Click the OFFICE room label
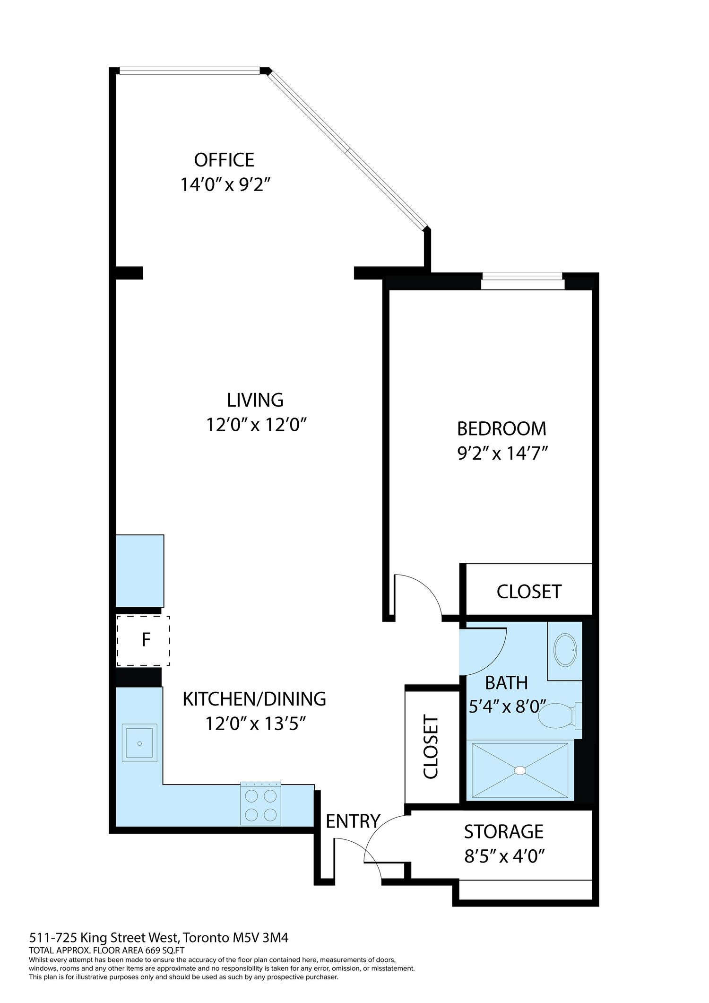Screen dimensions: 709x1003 pyautogui.click(x=224, y=160)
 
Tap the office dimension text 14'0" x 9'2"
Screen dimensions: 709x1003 pyautogui.click(x=225, y=184)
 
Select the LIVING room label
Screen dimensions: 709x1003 pyautogui.click(x=255, y=400)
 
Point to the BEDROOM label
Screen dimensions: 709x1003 pyautogui.click(x=501, y=428)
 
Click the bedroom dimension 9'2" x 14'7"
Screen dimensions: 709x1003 pyautogui.click(x=502, y=454)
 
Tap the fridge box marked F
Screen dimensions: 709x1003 pyautogui.click(x=143, y=640)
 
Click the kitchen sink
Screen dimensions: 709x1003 pyautogui.click(x=139, y=743)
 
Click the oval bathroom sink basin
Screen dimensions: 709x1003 pyautogui.click(x=565, y=650)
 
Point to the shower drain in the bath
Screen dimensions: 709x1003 pyautogui.click(x=520, y=770)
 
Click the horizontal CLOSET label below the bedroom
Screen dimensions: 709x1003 pyautogui.click(x=529, y=592)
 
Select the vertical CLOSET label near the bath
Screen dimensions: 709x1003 pyautogui.click(x=431, y=747)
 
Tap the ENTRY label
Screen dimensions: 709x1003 pyautogui.click(x=353, y=821)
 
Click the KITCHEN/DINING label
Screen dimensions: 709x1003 pyautogui.click(x=254, y=699)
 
